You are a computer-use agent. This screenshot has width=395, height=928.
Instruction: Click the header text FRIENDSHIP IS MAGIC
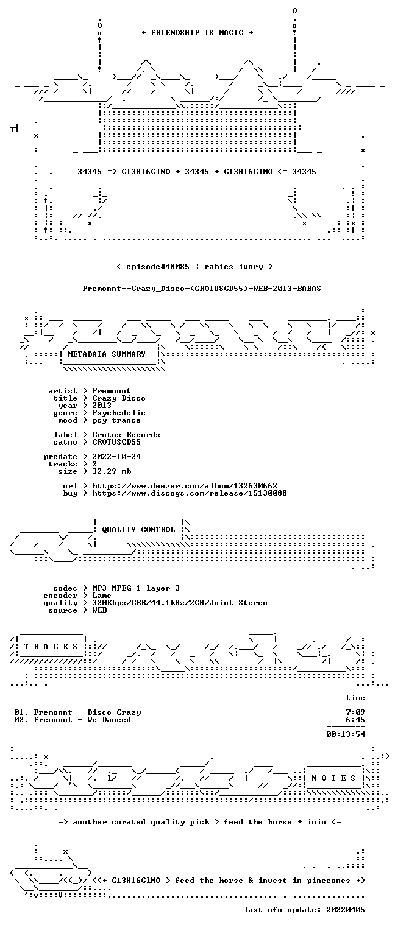pos(197,33)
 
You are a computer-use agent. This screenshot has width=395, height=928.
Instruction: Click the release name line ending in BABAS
pos(202,289)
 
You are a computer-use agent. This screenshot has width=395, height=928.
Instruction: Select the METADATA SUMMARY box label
pos(107,354)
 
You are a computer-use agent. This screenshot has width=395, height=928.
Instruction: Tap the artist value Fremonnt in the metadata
pos(111,391)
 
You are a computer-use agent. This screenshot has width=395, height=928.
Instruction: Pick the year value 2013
pos(102,406)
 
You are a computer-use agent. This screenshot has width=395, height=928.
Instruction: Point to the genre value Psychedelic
pos(119,413)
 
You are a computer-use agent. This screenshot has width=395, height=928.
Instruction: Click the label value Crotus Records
pos(126,435)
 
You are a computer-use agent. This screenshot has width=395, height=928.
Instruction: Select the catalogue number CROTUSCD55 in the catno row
pos(116,442)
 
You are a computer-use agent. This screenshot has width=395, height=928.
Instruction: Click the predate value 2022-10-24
pos(116,457)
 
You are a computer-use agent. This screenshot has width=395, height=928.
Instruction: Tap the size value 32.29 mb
pos(112,471)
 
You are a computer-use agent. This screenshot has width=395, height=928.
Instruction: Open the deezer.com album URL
pos(185,486)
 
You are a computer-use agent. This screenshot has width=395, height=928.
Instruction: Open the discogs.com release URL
pos(190,493)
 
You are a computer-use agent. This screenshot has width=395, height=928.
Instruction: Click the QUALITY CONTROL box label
pos(138,529)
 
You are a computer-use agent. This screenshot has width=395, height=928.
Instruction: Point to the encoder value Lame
pos(102,596)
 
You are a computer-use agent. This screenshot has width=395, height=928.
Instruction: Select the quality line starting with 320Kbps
pos(180,603)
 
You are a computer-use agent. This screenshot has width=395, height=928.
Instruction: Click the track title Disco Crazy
pos(114,712)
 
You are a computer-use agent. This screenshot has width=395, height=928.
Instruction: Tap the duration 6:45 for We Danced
pos(355,720)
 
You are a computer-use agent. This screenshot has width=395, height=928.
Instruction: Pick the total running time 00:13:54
pos(346,734)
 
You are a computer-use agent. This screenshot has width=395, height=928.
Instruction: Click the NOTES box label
pos(333,778)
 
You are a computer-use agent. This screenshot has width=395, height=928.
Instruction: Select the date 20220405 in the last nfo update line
pos(346,910)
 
